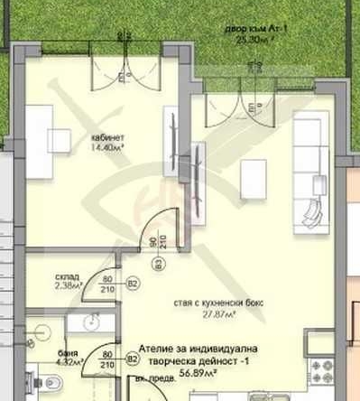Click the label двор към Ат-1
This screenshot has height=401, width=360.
coord(252,30)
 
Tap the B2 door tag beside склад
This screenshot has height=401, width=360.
coord(132,284)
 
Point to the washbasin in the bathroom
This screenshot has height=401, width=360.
coord(90,322)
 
